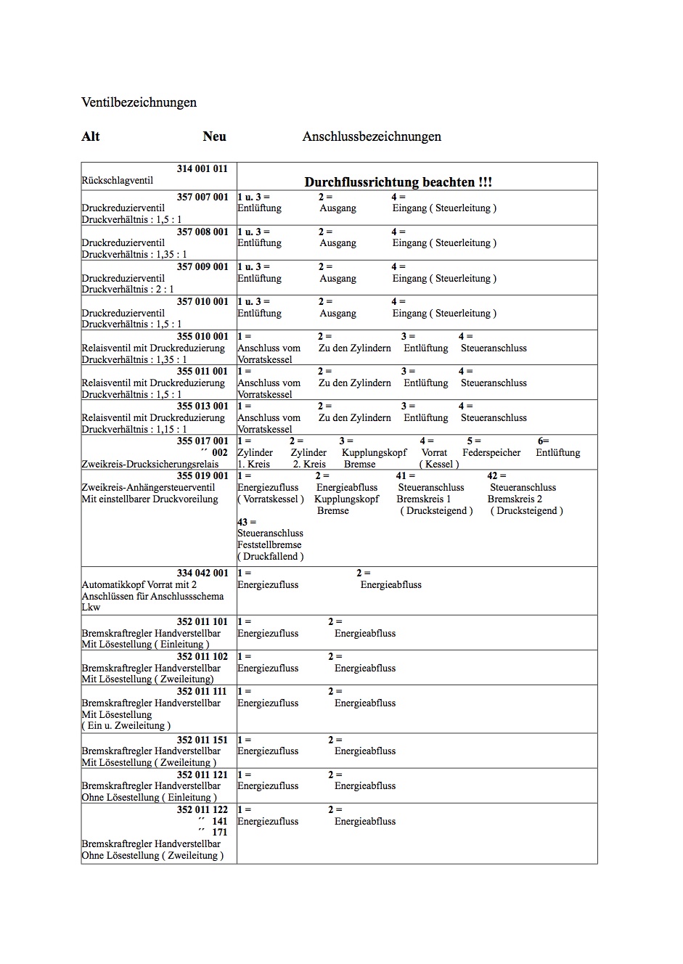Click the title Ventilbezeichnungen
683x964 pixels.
tap(139, 102)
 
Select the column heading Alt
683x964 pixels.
tap(91, 136)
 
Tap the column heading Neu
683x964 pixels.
tap(214, 136)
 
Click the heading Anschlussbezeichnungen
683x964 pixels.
tap(372, 136)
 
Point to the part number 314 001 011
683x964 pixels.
tap(202, 168)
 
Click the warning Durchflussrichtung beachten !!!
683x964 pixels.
tap(398, 182)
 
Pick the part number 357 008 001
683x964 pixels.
tap(202, 232)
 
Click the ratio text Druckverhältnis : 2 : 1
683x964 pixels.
tap(128, 289)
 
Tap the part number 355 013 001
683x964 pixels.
tap(202, 406)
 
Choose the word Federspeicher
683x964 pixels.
tap(491, 452)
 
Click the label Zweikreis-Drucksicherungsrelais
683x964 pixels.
tap(150, 464)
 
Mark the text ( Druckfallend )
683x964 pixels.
tap(270, 556)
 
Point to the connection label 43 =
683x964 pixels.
tap(247, 522)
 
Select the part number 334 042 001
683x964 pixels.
tap(202, 573)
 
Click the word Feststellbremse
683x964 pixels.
tap(269, 544)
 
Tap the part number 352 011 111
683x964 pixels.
tap(202, 691)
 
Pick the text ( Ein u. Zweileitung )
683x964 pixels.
tap(126, 725)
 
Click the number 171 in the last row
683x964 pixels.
tap(219, 832)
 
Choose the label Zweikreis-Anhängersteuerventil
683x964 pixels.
tap(148, 487)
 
